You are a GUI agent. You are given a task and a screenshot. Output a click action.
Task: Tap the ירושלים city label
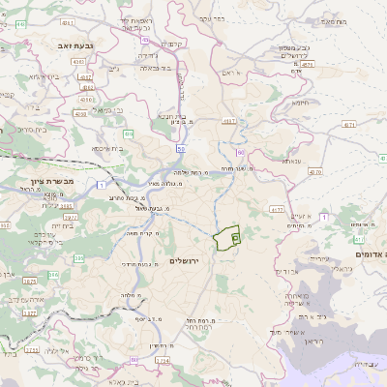pyautogui.click(x=190, y=261)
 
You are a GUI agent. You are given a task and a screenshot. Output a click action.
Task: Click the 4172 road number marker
pyautogui.click(x=277, y=208)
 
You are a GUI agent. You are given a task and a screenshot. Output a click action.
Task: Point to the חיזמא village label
pyautogui.click(x=301, y=103)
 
